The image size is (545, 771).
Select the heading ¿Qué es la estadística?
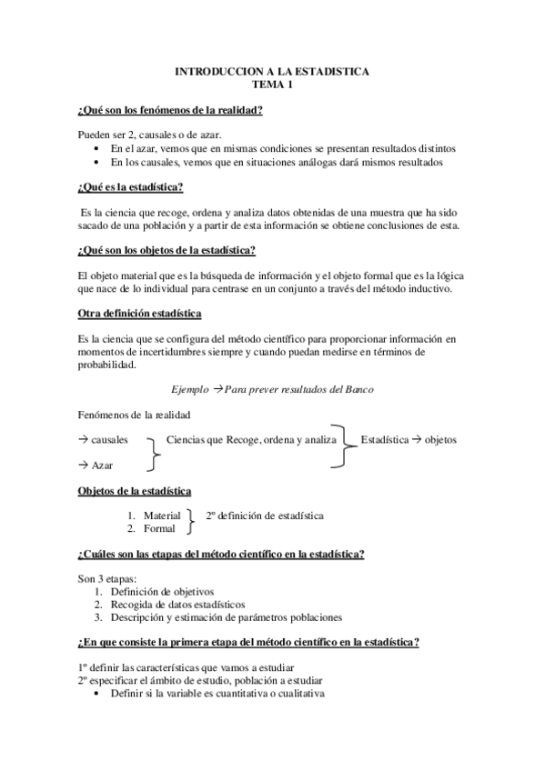[x=131, y=187]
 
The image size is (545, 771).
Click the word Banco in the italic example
[x=357, y=388]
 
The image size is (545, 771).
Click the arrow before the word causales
[x=84, y=440]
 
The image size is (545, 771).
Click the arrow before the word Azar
[x=84, y=466]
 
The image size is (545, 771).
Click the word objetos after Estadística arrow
[x=441, y=440]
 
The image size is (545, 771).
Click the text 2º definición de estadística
[x=265, y=516]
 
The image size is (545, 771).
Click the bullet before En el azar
[x=98, y=148]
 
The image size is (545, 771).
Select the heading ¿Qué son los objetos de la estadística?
[x=167, y=250]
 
